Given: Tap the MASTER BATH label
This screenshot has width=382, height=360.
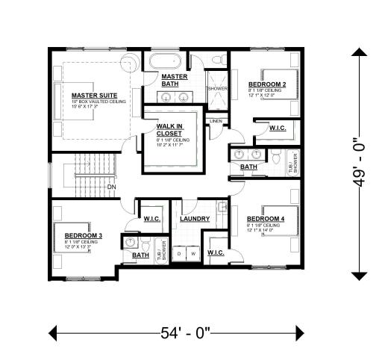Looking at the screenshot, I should pos(175,80).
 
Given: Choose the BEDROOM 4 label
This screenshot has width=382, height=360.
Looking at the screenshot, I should pos(265,220).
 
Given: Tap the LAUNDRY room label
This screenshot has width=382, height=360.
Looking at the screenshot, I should pos(194,220).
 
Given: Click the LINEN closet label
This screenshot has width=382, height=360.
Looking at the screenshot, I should pos(216,120).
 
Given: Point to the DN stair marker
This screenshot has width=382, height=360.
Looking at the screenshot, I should pos(111,187).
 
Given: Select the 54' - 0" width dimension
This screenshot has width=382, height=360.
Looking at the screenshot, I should pos(177,332).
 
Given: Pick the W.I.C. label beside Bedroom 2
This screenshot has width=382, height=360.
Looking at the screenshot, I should pos(278,128).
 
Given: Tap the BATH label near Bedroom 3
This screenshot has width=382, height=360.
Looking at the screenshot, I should pos(140,255).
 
